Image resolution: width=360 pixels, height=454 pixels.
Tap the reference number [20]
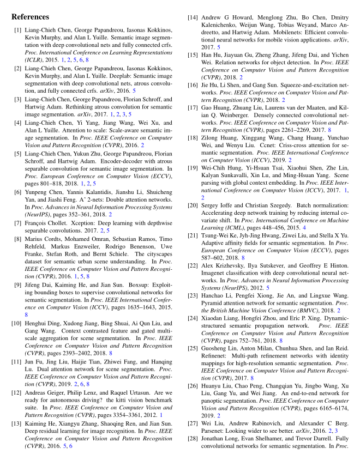pos(193,205)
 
